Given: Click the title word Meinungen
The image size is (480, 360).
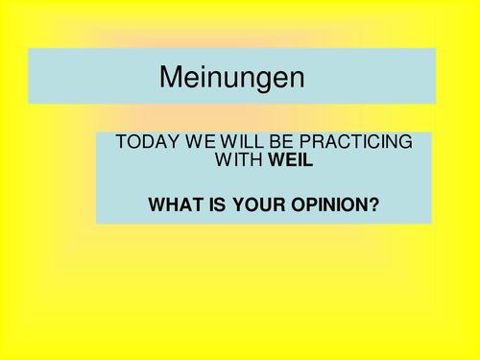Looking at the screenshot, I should (x=230, y=76).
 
